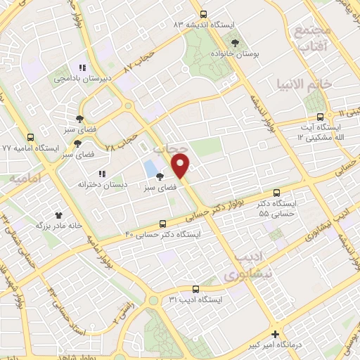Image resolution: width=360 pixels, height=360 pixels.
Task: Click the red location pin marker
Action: (181, 165)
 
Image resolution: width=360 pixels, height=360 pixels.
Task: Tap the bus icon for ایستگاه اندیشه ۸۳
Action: (204, 14)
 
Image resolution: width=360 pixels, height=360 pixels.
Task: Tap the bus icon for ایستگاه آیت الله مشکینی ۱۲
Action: (320, 117)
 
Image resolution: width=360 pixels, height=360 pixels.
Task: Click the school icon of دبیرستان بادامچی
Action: (82, 68)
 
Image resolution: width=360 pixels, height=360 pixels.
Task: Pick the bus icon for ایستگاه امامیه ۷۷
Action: (30, 138)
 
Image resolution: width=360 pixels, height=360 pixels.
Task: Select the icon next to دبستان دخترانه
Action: (102, 173)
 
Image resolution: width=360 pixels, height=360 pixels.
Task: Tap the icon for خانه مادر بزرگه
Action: (58, 215)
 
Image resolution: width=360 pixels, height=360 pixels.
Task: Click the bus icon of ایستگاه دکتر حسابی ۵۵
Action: (276, 191)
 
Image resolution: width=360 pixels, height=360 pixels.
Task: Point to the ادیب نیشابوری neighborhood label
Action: (243, 266)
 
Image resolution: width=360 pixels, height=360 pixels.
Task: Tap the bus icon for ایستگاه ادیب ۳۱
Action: (195, 288)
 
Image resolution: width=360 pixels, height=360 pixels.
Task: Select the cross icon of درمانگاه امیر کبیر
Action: (275, 335)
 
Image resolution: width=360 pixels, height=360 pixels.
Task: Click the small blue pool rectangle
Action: (150, 168)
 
